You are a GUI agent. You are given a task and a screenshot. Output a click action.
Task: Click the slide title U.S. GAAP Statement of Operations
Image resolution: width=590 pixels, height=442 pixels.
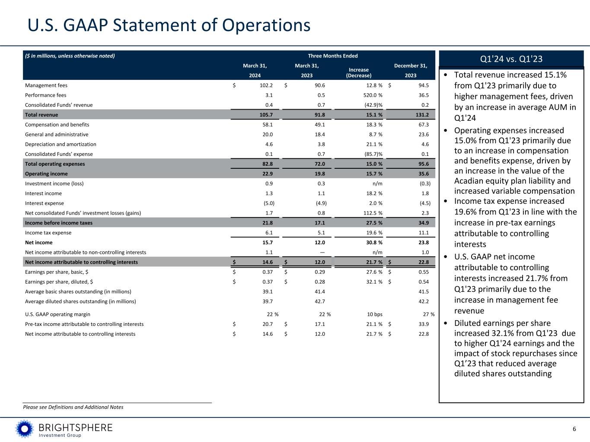click(x=169, y=25)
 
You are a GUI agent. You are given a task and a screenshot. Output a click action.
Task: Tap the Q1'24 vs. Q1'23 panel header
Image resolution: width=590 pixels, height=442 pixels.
click(x=511, y=59)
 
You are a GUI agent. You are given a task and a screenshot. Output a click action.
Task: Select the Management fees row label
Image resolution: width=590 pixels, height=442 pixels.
click(x=46, y=85)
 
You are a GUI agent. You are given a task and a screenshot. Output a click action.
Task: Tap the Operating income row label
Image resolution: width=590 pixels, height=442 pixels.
click(x=46, y=174)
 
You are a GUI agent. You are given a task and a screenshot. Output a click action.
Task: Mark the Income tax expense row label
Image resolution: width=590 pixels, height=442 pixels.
click(x=48, y=233)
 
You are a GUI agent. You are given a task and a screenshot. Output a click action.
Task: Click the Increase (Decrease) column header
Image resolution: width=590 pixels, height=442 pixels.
click(x=359, y=73)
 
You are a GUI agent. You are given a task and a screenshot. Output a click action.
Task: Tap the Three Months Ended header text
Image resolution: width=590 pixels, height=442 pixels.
click(x=333, y=56)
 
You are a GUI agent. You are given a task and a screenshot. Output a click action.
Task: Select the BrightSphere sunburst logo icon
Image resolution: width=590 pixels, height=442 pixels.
click(x=25, y=429)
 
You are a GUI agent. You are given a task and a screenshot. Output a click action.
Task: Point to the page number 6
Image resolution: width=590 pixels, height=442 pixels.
click(x=574, y=429)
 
